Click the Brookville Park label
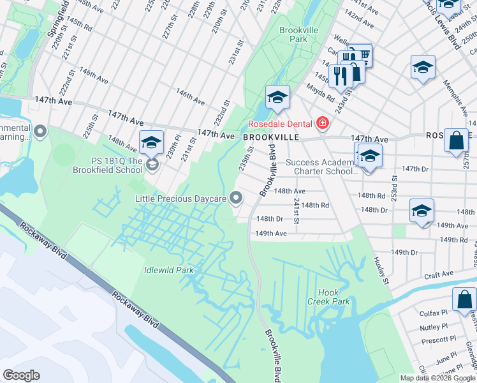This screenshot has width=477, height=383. (x=293, y=34)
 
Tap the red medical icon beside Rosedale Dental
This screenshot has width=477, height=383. (x=323, y=123)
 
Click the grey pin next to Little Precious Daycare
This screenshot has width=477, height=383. (x=237, y=199)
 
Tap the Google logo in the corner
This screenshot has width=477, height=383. (x=21, y=375)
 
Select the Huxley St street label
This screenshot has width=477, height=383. (x=381, y=269)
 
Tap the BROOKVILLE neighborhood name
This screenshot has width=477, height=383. (x=270, y=137)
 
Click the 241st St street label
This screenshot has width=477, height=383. (x=297, y=211)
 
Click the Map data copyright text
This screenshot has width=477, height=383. (x=437, y=378)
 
